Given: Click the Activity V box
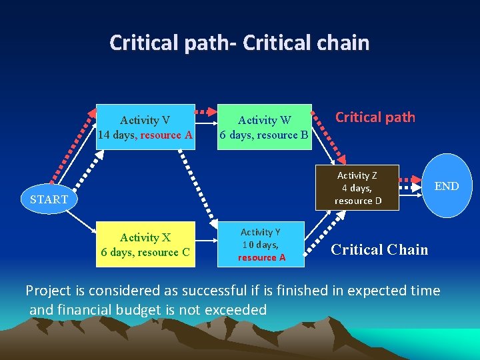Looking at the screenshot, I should pyautogui.click(x=145, y=127).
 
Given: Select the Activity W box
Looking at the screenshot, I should pyautogui.click(x=265, y=127).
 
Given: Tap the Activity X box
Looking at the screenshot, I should pyautogui.click(x=145, y=244).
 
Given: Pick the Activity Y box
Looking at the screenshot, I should pyautogui.click(x=261, y=244).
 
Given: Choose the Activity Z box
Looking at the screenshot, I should pyautogui.click(x=358, y=187).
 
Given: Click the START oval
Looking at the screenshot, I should pyautogui.click(x=49, y=199).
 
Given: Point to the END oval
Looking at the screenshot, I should pyautogui.click(x=446, y=186).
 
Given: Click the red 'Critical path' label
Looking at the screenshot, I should pyautogui.click(x=375, y=117).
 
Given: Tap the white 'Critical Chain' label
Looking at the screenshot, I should pyautogui.click(x=379, y=249).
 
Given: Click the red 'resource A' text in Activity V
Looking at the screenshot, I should pyautogui.click(x=167, y=135).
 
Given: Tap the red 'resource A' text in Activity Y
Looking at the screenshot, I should pyautogui.click(x=261, y=257).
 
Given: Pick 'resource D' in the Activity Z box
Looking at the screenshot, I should pyautogui.click(x=358, y=201).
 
